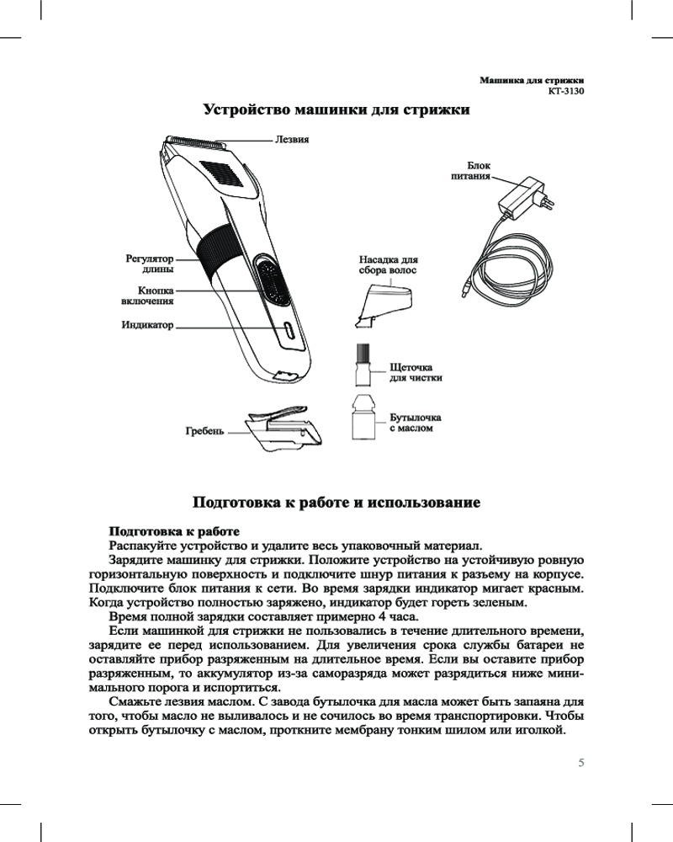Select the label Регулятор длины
pos(150,264)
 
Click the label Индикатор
pos(147,324)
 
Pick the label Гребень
pos(205,431)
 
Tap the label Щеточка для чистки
pos(416,373)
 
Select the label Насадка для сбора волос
pos(389,265)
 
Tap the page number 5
pos(580,763)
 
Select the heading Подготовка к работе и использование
pos(336,504)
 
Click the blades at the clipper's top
pos(198,141)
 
